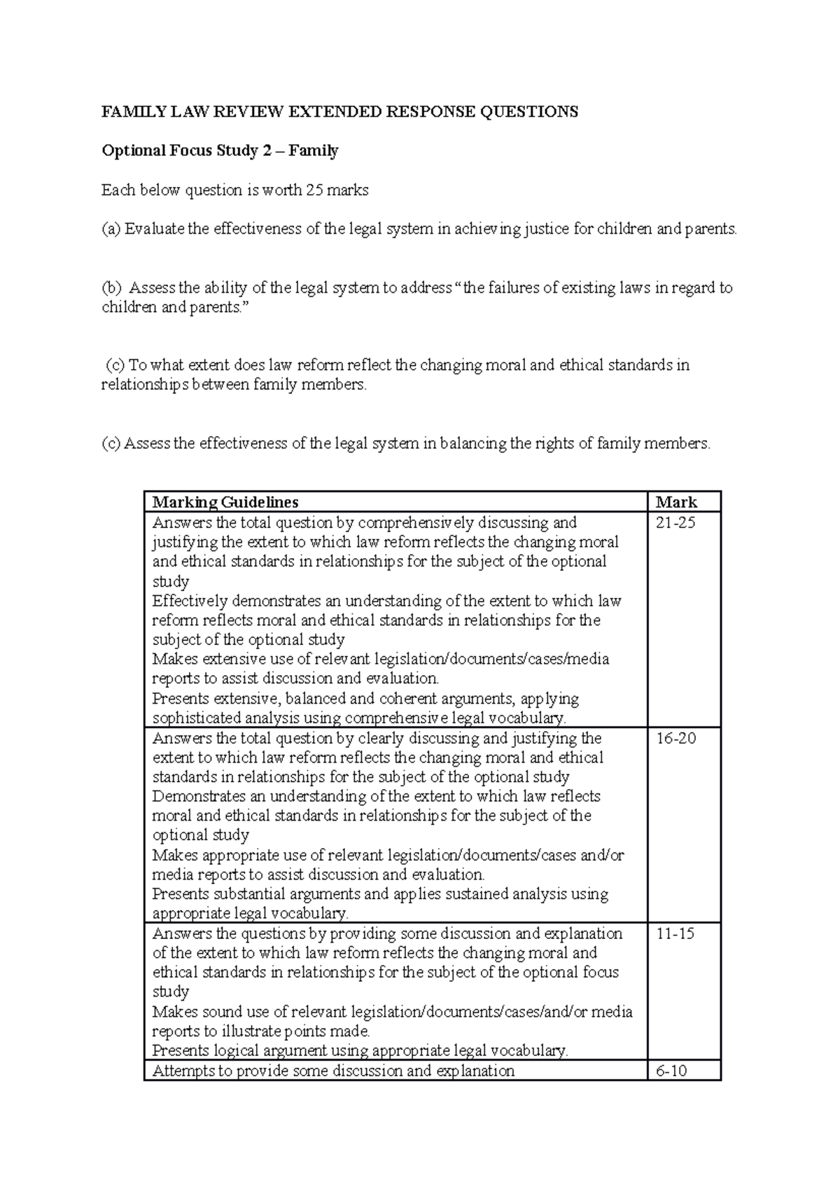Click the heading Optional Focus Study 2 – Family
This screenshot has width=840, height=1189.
click(x=220, y=151)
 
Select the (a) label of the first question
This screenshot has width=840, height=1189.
click(x=111, y=230)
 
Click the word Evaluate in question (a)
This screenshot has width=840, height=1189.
click(x=154, y=230)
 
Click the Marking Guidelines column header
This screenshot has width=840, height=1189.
click(x=225, y=502)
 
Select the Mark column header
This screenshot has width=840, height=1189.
click(x=676, y=502)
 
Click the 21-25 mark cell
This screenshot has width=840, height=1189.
click(x=675, y=523)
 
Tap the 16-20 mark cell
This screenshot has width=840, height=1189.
click(x=675, y=739)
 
